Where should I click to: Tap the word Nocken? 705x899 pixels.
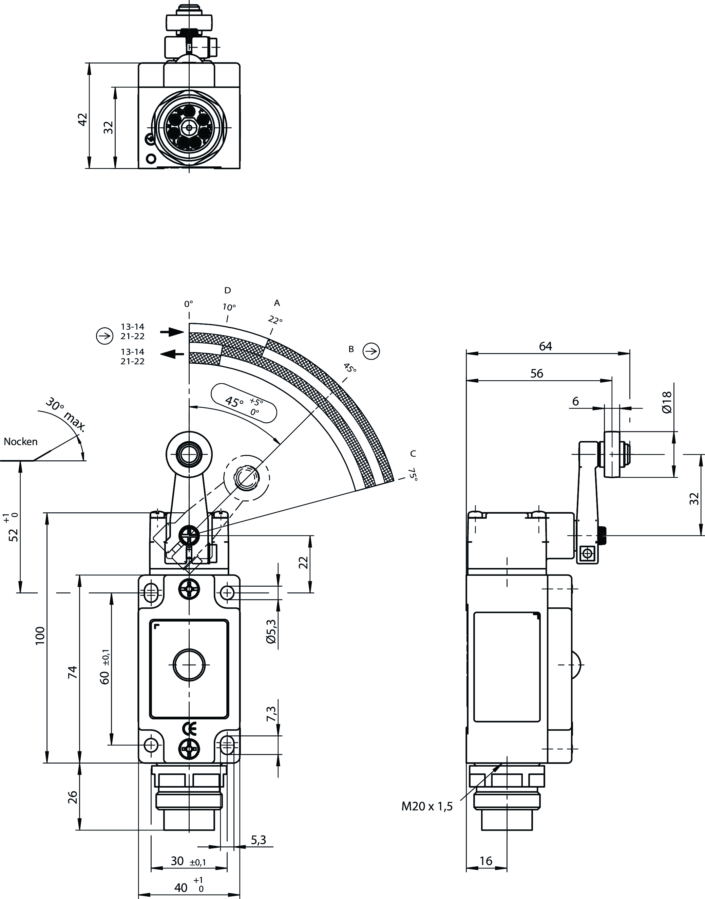pyautogui.click(x=21, y=441)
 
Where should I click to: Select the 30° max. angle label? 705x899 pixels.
pyautogui.click(x=65, y=415)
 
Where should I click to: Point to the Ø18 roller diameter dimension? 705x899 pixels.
pyautogui.click(x=666, y=402)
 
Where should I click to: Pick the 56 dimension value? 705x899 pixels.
pyautogui.click(x=537, y=373)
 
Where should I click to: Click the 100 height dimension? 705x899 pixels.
pyautogui.click(x=40, y=636)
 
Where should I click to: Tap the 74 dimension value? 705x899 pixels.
pyautogui.click(x=73, y=672)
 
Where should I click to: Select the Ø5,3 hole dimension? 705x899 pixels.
pyautogui.click(x=271, y=632)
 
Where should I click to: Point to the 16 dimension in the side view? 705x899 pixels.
pyautogui.click(x=486, y=861)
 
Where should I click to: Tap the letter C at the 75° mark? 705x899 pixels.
pyautogui.click(x=413, y=454)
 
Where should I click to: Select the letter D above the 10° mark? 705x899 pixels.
pyautogui.click(x=227, y=290)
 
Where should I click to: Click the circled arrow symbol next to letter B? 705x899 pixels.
pyautogui.click(x=371, y=351)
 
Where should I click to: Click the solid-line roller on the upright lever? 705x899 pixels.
pyautogui.click(x=189, y=455)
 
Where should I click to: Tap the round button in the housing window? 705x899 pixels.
pyautogui.click(x=189, y=664)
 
